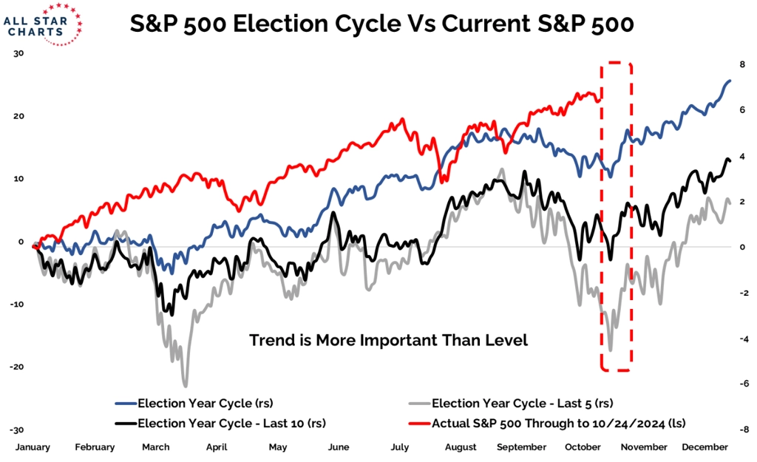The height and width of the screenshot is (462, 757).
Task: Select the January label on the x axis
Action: coord(33,447)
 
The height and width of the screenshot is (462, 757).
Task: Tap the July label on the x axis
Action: coord(399,447)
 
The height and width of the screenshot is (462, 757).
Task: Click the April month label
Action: coord(216,447)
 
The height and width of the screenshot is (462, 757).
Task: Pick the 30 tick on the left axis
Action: coord(18,53)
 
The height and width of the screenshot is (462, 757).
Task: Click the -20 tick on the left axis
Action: coord(16,367)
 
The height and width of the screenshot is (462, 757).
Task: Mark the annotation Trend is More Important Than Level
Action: coord(389,340)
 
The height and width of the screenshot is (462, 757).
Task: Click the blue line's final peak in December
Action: coord(729,81)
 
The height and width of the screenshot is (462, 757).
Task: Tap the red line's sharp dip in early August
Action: coord(443,181)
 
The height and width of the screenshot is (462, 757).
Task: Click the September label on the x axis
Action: coord(522,447)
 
